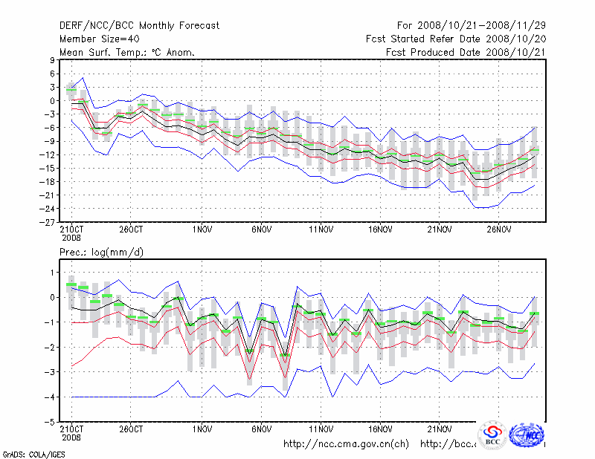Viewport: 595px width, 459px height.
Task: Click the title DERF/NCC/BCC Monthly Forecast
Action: pyautogui.click(x=139, y=25)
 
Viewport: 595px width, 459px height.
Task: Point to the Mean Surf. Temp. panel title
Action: pyautogui.click(x=127, y=52)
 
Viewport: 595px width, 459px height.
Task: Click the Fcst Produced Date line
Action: pyautogui.click(x=466, y=52)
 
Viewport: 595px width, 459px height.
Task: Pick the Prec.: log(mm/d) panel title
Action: pyautogui.click(x=101, y=253)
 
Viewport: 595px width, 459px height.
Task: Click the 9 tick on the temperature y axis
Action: pyautogui.click(x=52, y=60)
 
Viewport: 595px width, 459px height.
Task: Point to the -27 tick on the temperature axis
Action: pyautogui.click(x=48, y=222)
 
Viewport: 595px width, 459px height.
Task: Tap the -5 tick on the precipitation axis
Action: pyautogui.click(x=50, y=422)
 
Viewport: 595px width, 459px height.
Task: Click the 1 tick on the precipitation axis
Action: pyautogui.click(x=52, y=273)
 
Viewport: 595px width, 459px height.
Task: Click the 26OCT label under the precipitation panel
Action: pyautogui.click(x=130, y=429)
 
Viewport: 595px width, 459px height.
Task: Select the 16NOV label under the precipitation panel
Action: pyautogui.click(x=380, y=429)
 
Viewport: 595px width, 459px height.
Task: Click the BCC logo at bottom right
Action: pyautogui.click(x=492, y=435)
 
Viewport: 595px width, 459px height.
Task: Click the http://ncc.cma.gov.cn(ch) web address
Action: pyautogui.click(x=347, y=444)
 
